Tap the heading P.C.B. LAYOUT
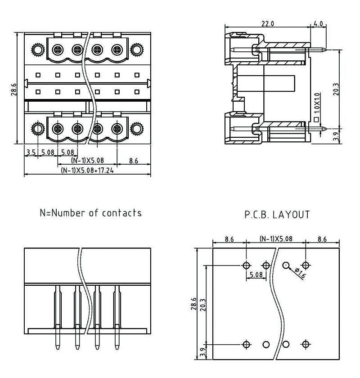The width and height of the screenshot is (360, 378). [x=277, y=215]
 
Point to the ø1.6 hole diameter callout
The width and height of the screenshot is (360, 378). [x=299, y=273]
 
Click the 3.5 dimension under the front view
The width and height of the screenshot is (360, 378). [x=31, y=153]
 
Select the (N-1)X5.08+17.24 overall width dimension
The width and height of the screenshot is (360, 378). [x=87, y=171]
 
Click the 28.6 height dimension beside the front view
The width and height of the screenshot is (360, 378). [x=14, y=89]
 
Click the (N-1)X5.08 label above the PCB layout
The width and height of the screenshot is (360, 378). [x=275, y=239]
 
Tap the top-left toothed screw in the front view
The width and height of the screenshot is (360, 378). [x=38, y=49]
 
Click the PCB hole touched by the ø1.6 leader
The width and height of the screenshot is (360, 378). [x=286, y=265]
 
